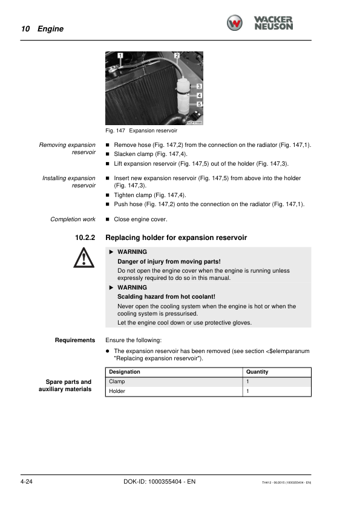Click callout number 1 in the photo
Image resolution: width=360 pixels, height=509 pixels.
point(120,56)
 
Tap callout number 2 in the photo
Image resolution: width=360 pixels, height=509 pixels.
point(176,56)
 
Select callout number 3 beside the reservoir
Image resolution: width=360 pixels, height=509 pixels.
point(199,86)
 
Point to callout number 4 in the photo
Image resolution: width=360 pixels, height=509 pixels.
point(199,95)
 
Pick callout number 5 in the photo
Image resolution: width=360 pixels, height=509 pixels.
point(199,104)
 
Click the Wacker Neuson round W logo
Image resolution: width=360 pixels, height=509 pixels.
point(235,23)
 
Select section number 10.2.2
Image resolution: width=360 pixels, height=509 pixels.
point(85,238)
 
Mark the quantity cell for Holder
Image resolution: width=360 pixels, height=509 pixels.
point(248,392)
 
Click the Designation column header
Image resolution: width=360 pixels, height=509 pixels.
point(125,372)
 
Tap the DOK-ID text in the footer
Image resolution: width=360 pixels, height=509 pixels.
point(155,481)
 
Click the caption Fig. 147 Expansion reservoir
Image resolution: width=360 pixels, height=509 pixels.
point(141,131)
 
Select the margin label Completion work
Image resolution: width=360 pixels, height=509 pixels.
point(73,219)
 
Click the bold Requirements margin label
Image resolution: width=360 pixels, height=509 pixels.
point(75,340)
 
